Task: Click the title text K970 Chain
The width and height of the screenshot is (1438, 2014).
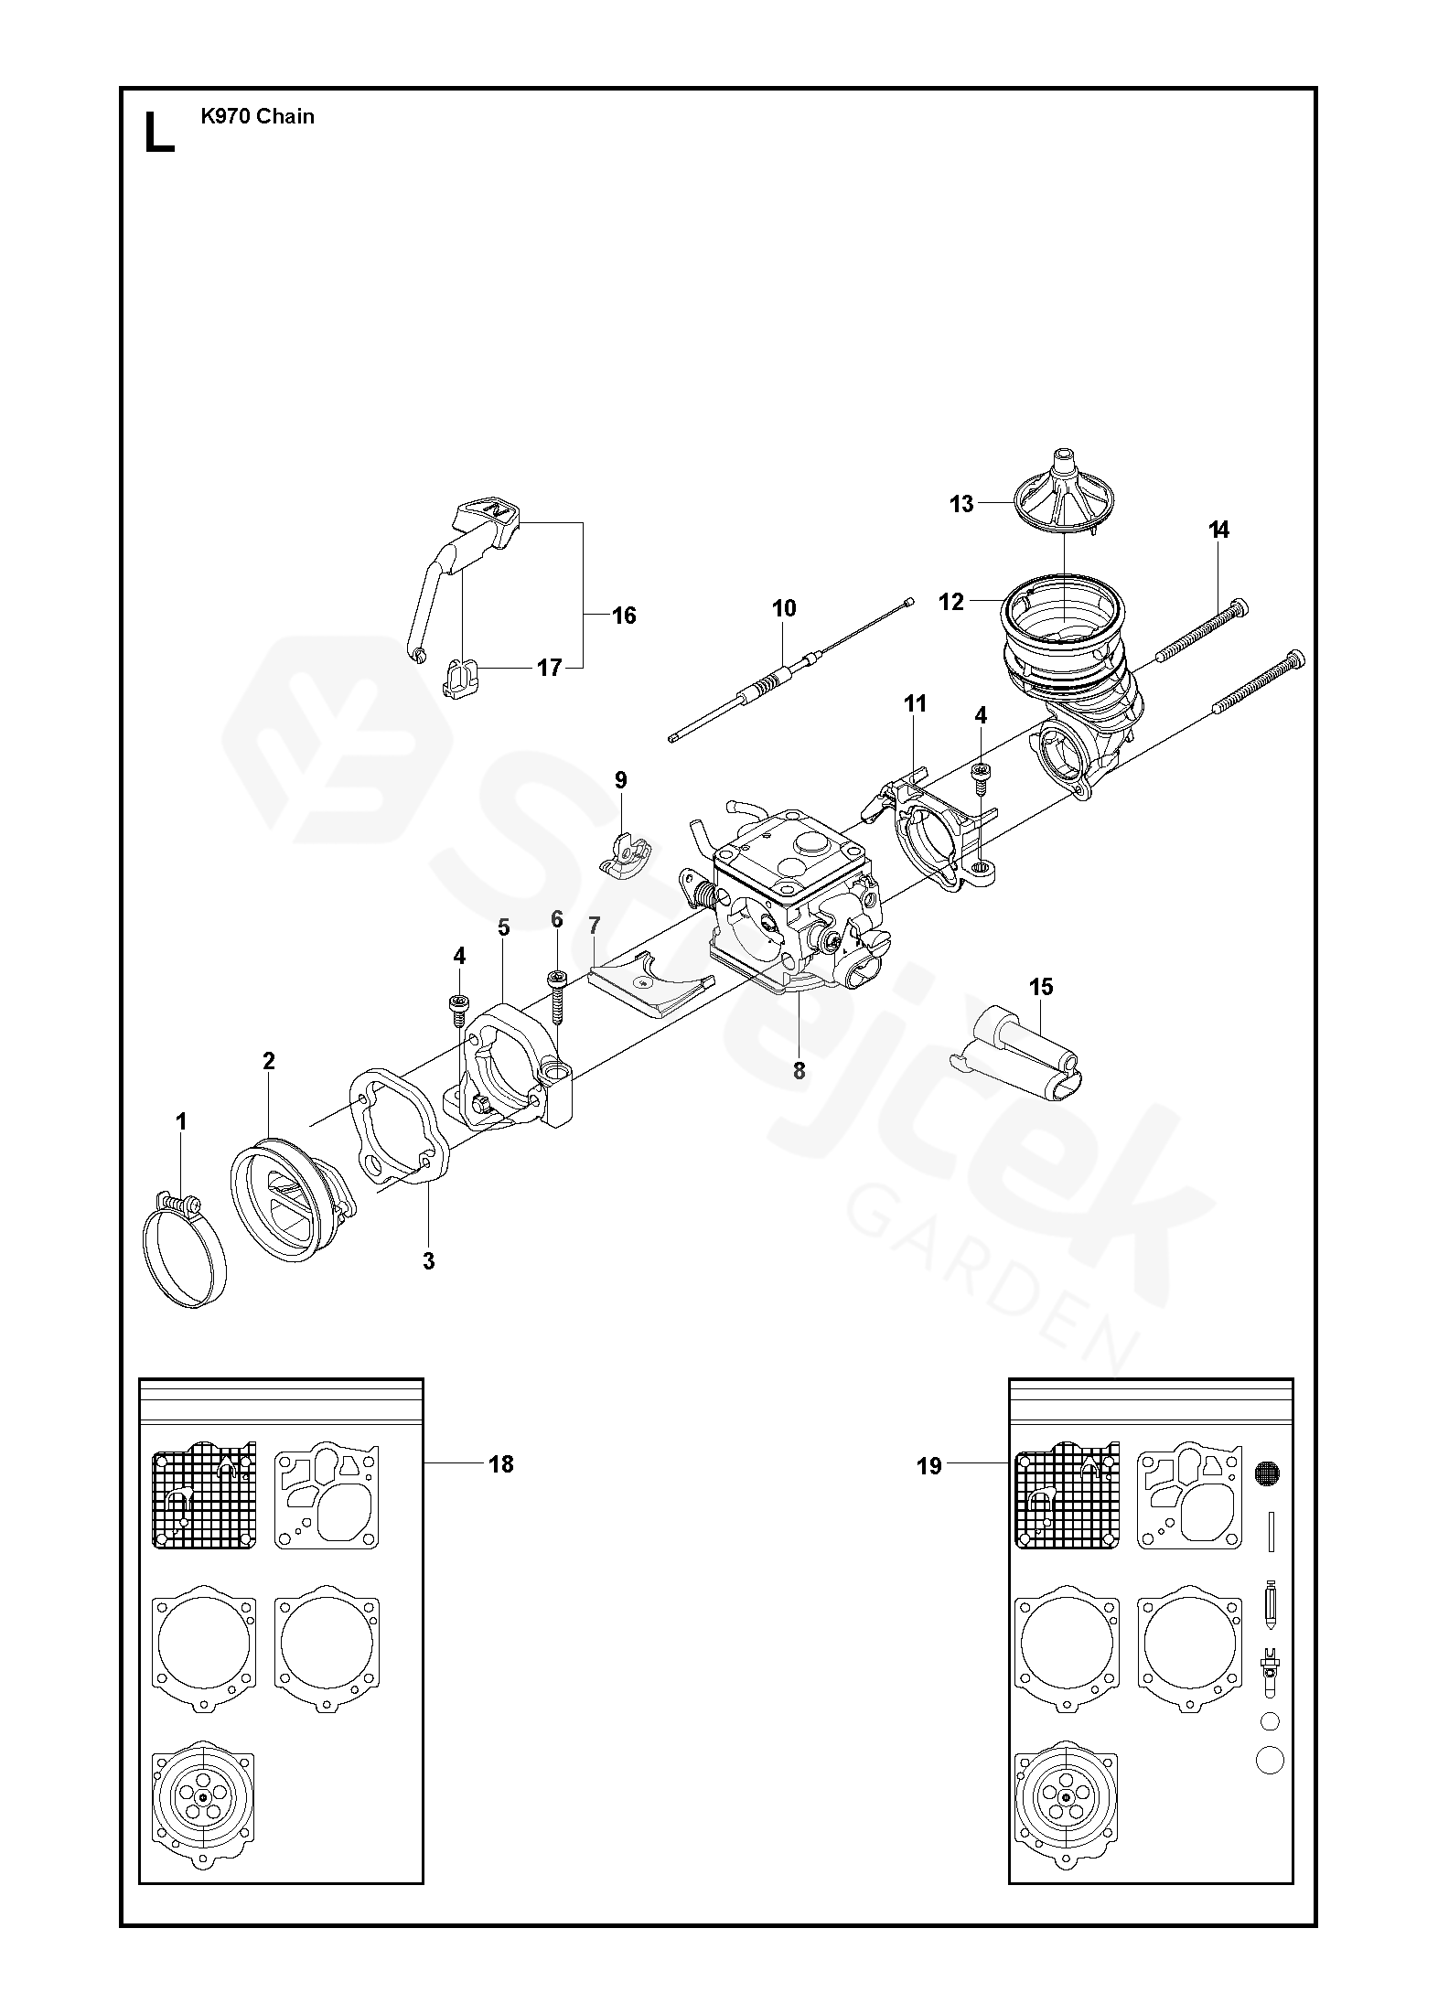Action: coord(257,116)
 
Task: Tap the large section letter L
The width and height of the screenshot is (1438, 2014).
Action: coord(159,134)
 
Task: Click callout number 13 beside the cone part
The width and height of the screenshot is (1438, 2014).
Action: coord(961,504)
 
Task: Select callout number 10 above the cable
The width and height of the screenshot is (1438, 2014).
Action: coord(784,608)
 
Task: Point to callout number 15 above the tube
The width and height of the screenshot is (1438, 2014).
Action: coord(1041,987)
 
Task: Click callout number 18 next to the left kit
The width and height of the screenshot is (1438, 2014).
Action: coord(500,1464)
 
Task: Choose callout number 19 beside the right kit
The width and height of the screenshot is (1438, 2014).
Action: coord(928,1466)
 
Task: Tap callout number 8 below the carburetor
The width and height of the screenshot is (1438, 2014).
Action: coord(799,1071)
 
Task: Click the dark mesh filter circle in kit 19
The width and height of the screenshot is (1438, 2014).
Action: coord(1267,1473)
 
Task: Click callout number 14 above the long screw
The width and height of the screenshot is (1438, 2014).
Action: coord(1218,530)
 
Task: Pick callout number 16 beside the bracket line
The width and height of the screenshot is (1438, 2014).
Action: coord(624,616)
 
